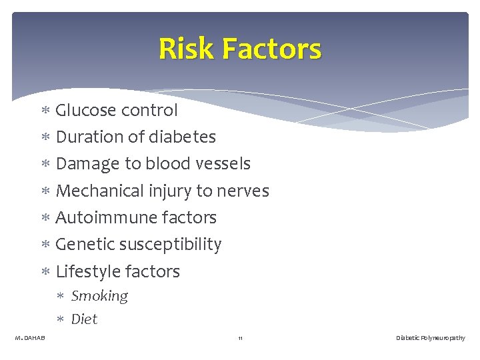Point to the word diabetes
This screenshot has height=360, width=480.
click(x=183, y=137)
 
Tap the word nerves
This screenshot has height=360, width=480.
click(x=241, y=191)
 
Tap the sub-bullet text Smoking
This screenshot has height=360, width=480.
click(x=99, y=296)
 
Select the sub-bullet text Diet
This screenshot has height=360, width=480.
click(x=84, y=319)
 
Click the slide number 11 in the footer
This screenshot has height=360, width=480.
click(x=240, y=339)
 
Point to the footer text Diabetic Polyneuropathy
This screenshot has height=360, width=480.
click(x=430, y=339)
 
